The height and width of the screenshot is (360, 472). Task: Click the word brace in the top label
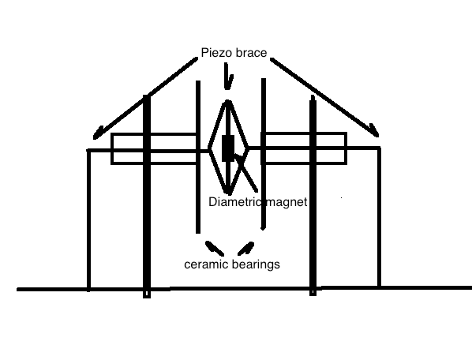(x=251, y=53)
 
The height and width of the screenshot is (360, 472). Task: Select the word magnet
(x=287, y=201)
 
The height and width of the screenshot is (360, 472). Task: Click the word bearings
(x=256, y=264)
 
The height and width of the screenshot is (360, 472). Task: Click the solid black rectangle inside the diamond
(x=228, y=148)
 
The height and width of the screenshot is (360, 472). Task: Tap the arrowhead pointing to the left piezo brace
(x=98, y=134)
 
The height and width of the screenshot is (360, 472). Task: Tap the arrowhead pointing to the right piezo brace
(x=374, y=130)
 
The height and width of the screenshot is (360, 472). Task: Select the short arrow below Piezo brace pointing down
(x=228, y=77)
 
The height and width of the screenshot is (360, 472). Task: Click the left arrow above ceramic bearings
(x=215, y=248)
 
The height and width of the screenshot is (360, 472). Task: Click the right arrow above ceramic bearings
(x=245, y=249)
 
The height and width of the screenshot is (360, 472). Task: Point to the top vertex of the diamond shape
(x=228, y=102)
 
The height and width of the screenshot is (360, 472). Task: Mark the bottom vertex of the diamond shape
(x=228, y=193)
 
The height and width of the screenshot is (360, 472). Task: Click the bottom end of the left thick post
(x=147, y=298)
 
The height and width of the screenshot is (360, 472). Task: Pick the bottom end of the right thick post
(x=313, y=295)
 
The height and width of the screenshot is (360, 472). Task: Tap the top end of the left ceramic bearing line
(x=198, y=81)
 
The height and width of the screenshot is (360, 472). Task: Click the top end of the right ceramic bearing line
(x=264, y=79)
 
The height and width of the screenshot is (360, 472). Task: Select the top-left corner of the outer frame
(x=88, y=150)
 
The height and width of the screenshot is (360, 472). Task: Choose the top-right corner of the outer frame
(x=380, y=148)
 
